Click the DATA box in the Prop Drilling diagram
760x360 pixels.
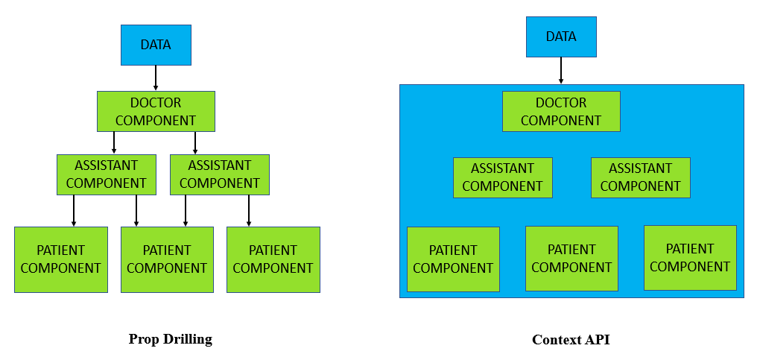(x=156, y=45)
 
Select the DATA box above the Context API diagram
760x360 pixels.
(x=561, y=37)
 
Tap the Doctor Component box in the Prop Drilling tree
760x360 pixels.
(x=156, y=112)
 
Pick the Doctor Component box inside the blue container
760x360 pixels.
(x=561, y=112)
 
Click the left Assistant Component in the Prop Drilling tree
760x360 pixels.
(x=107, y=174)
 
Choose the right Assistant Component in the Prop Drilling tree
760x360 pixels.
(x=220, y=174)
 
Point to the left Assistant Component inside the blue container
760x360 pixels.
(x=503, y=177)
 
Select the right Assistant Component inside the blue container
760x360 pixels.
(x=641, y=177)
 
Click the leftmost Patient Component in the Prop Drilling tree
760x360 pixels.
(x=61, y=259)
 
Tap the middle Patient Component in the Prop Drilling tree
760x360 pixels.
(x=167, y=259)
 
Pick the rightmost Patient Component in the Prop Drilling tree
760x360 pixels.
(x=273, y=259)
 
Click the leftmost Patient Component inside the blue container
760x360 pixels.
(x=453, y=259)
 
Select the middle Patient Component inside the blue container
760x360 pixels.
(x=572, y=259)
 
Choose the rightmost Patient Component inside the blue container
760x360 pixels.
(x=690, y=258)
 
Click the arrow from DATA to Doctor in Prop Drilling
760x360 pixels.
(x=156, y=78)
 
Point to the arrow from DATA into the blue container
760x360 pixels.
(x=561, y=71)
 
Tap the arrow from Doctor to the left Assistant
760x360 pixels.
(x=114, y=143)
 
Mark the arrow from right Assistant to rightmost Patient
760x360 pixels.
(x=249, y=211)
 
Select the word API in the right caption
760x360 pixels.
(x=598, y=340)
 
